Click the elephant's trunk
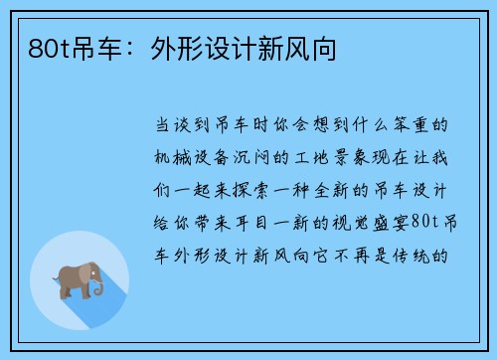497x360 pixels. (98, 287)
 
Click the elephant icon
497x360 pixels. (80, 278)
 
